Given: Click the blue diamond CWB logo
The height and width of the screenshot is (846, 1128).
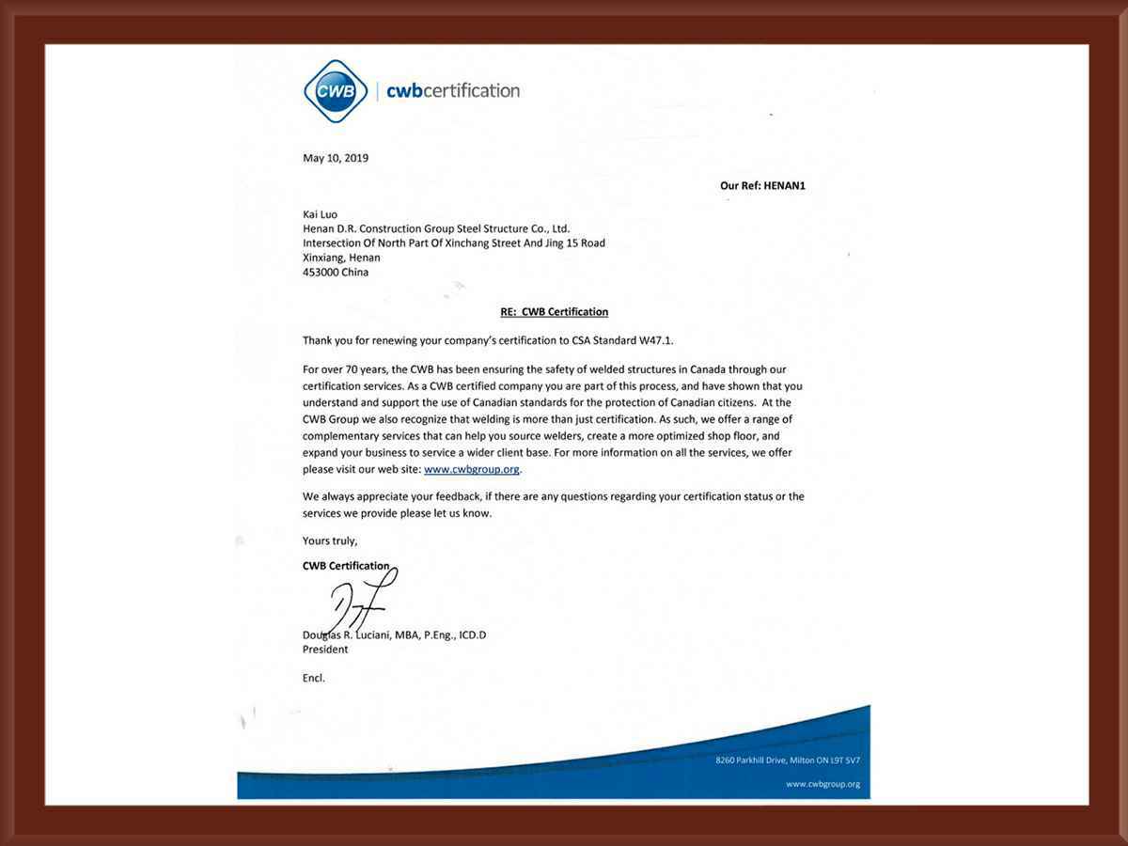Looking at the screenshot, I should coord(336,91).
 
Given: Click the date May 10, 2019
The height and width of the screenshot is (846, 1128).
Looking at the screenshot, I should coord(336,158).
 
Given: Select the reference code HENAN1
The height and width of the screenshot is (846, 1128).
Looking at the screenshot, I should coord(784,186).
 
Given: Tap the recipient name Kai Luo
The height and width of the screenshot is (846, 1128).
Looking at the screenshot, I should coord(320,214).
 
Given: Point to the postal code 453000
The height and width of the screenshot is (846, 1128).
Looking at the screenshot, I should coord(321,273).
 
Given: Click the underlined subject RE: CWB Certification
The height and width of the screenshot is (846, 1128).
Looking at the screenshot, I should coord(554,312).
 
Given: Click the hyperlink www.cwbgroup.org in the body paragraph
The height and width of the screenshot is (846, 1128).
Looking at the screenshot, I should coord(471,469).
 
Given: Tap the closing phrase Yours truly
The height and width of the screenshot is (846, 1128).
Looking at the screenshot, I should coord(329,540).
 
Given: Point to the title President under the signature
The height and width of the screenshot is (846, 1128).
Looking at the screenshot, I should coord(325,650).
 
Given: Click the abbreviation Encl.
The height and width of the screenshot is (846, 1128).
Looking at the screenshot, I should coord(314,678).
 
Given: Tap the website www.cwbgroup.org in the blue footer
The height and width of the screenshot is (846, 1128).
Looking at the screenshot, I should coord(822,784).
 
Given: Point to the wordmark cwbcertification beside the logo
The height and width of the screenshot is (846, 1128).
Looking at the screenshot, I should coord(453,91).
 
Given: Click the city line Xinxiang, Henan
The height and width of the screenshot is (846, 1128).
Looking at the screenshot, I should coord(341,258).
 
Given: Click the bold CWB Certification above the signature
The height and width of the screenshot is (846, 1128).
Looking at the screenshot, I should coord(346,566).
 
